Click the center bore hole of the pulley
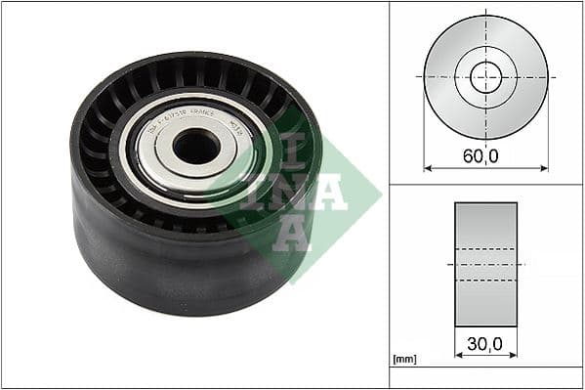pos(196,147)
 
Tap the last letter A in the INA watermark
pos(292,235)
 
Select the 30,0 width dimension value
pos(485,344)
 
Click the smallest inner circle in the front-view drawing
pos(485,77)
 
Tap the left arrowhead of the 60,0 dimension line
pos(428,168)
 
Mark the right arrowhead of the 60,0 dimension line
pos(544,168)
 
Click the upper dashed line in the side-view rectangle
pos(485,248)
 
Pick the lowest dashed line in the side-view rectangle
pos(485,280)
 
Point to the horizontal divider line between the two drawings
pos(485,184)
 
